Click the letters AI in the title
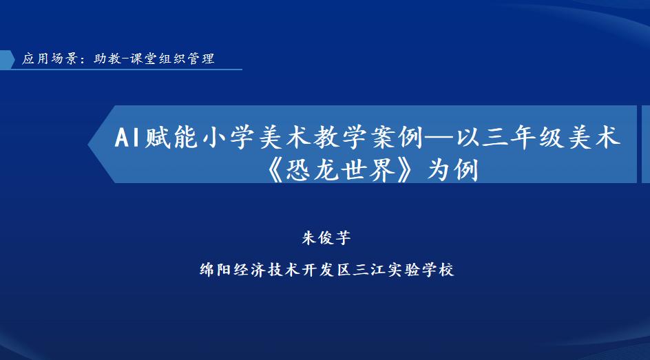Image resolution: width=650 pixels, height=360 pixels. coord(127,137)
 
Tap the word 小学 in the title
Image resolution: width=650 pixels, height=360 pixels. coord(229,137)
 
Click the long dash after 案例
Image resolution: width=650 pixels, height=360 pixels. coord(440,138)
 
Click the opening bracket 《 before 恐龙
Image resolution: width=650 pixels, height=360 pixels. coord(275,170)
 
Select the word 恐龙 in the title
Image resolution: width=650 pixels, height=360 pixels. coord(313,170)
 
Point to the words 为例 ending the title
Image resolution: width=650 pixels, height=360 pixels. coord(453,170)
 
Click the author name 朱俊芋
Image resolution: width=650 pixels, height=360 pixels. coord(326,237)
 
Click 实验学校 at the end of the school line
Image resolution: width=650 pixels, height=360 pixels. coord(421,270)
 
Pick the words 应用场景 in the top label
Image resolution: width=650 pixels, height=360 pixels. coord(50,59)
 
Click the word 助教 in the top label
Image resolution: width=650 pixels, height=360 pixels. coord(108,59)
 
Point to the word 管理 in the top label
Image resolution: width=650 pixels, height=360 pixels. coord(201,59)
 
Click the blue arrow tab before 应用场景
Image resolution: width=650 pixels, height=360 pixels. coord(7,60)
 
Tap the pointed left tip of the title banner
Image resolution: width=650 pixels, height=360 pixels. coord(88,145)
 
